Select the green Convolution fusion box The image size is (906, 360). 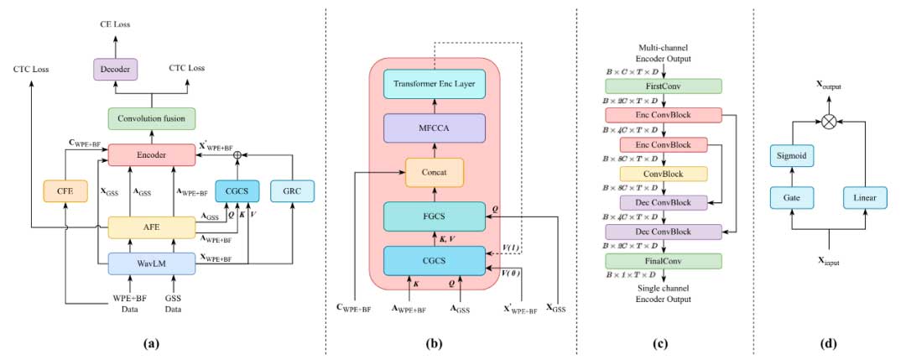click(x=151, y=118)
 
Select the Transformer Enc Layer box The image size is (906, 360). click(x=435, y=86)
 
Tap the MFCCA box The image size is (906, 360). click(x=435, y=128)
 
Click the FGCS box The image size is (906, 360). click(x=435, y=216)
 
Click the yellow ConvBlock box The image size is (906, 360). click(x=664, y=174)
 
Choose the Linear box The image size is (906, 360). click(x=864, y=197)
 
